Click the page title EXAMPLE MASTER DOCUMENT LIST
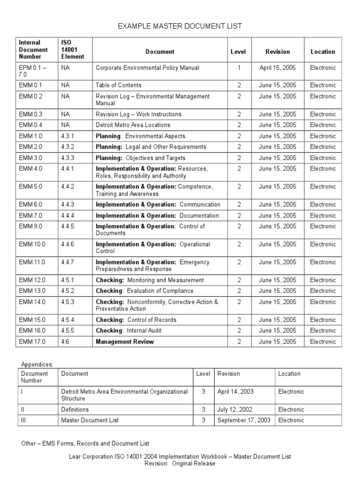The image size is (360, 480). pos(180,26)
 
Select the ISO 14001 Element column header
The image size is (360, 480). pos(72,50)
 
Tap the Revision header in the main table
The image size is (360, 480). pos(277,52)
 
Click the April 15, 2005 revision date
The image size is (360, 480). pos(277,68)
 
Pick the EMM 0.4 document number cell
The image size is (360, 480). pos(30,125)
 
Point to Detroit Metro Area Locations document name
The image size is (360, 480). pos(133,125)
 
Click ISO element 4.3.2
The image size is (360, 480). pos(68,147)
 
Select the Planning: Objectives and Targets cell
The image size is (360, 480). pos(140,158)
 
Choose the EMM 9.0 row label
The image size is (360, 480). pos(30,226)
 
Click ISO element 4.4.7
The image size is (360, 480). pos(68,262)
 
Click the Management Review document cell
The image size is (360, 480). pos(125,342)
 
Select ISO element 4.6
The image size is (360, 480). pos(65,342)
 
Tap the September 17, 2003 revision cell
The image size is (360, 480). pos(244,420)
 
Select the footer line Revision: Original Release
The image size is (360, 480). pos(180,464)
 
